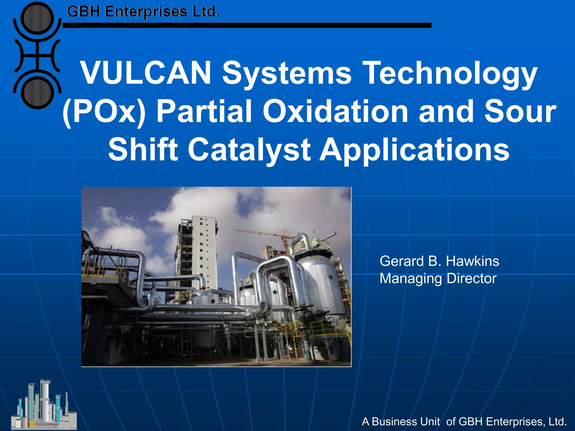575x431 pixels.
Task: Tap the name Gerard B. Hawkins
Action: (439, 261)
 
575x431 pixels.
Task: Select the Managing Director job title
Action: (438, 279)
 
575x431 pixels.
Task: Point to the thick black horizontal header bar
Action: (247, 26)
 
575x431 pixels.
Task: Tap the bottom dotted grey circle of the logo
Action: (37, 93)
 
